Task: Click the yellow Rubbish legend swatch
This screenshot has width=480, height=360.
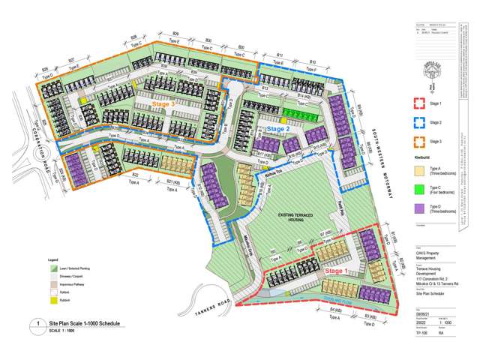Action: [52, 299]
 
